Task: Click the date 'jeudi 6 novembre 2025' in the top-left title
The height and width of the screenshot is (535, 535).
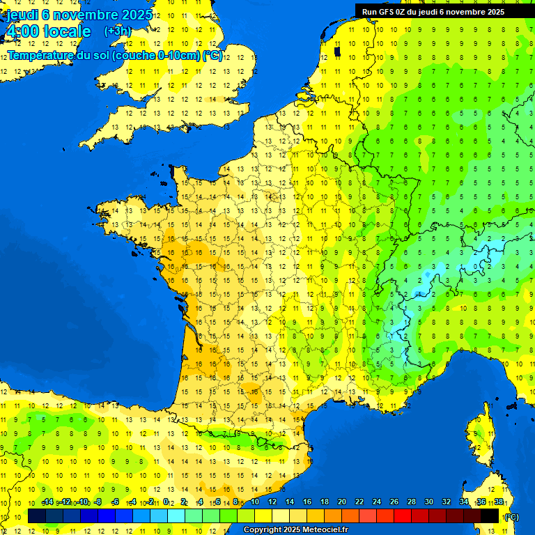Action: [79, 15]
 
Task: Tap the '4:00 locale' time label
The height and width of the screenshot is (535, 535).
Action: [48, 31]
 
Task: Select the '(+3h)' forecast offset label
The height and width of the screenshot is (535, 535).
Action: [117, 31]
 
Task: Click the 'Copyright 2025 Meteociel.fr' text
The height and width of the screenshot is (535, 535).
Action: [296, 530]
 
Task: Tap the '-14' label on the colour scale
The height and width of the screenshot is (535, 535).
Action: [48, 502]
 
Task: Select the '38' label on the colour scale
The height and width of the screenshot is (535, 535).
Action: [499, 502]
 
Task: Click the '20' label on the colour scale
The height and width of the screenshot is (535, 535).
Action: [342, 502]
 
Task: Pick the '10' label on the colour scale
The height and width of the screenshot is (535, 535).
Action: [255, 502]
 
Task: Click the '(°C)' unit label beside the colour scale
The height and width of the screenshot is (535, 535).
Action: [511, 516]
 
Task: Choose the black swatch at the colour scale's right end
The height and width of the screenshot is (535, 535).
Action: [490, 516]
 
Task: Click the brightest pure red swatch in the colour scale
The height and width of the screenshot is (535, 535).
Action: [403, 516]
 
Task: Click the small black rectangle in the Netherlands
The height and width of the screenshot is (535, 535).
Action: [337, 51]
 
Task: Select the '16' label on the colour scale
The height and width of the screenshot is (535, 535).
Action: [307, 502]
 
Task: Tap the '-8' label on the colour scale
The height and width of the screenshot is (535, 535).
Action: [99, 502]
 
